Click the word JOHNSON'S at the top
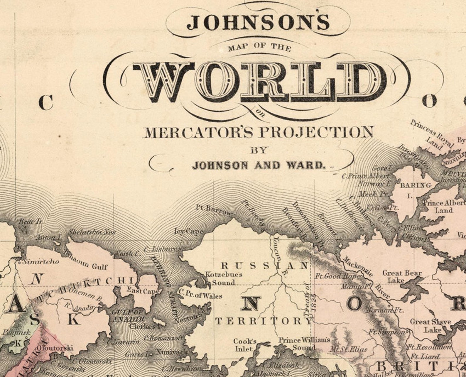click(258, 22)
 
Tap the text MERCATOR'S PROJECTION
click(258, 132)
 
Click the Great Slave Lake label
click(430, 325)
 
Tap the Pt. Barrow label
click(213, 209)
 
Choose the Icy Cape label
click(189, 231)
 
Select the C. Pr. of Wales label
click(200, 296)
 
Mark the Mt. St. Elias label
click(348, 349)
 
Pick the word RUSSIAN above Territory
click(264, 266)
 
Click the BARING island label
click(416, 185)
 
